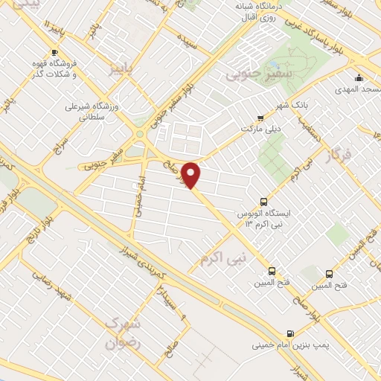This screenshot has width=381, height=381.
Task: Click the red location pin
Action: point(192,175)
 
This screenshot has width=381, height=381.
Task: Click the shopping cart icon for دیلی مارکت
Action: point(260,118)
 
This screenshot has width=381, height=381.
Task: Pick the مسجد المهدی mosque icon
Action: point(359,78)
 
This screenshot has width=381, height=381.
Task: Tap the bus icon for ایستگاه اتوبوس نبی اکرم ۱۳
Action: point(263,201)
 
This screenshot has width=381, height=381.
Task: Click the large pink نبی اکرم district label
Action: point(222,257)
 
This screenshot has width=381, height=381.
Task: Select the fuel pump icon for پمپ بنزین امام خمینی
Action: point(289,333)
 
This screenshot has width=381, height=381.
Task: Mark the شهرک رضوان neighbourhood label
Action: point(122,333)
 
